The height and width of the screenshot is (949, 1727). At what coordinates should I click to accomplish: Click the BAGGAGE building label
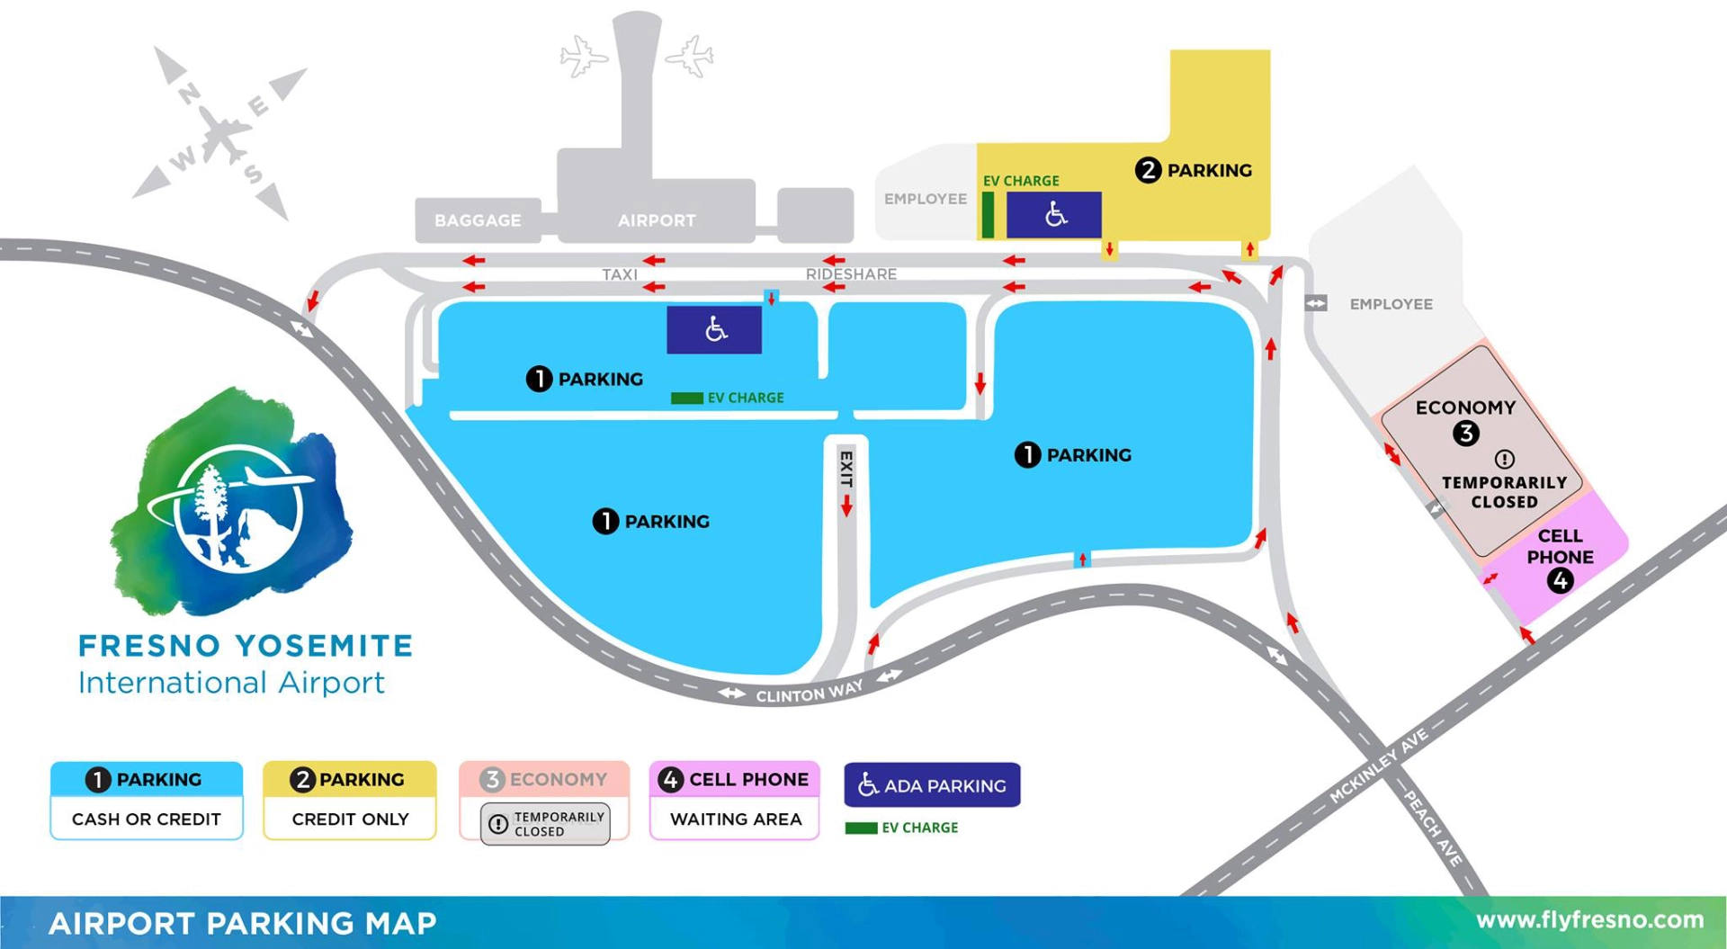(478, 220)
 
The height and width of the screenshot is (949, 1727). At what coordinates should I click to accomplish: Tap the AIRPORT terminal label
(657, 220)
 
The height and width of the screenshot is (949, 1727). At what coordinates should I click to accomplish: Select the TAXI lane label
(620, 274)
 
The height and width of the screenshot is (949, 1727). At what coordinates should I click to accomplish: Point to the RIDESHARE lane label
(851, 274)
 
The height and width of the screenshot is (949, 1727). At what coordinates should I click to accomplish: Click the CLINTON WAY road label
(809, 692)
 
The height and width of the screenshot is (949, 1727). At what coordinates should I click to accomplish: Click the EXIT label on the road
(846, 470)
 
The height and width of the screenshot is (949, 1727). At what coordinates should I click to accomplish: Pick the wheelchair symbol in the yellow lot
(1055, 214)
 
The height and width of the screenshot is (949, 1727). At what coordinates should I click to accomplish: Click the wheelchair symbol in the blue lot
(715, 329)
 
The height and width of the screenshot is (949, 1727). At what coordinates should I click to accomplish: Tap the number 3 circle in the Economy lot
(1466, 434)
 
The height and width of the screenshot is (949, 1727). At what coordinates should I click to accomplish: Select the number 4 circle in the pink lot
(1560, 581)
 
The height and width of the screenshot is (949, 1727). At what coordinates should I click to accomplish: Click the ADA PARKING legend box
(932, 785)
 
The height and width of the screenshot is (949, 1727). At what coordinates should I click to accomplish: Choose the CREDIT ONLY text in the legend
(350, 819)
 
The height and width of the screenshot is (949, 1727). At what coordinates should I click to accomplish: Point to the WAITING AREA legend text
(735, 819)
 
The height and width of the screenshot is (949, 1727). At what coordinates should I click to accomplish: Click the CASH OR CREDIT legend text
(146, 819)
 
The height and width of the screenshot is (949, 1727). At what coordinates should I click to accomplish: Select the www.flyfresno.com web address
(1589, 920)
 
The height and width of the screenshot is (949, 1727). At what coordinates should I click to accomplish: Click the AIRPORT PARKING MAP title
(243, 924)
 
